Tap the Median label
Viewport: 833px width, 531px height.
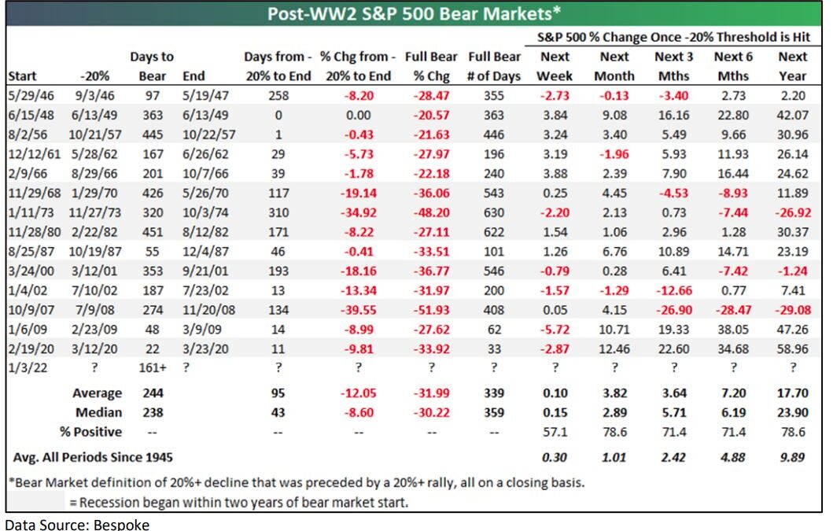click(x=99, y=412)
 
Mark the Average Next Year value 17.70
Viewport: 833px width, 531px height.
click(x=791, y=393)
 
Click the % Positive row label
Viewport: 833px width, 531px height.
click(x=90, y=432)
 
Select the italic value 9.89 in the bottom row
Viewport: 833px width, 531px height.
click(x=791, y=456)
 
